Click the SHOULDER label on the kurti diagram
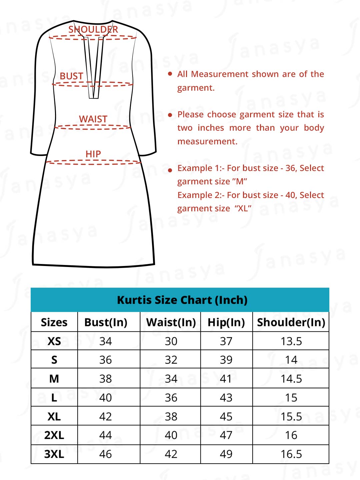(x=93, y=29)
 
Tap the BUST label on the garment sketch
(x=71, y=76)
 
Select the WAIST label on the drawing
(x=93, y=119)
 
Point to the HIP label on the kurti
(x=93, y=154)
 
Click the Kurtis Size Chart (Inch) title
(x=182, y=300)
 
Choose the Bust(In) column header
(x=106, y=322)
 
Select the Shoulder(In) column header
(x=291, y=322)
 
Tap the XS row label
(x=54, y=341)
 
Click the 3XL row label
(x=54, y=454)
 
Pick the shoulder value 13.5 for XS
(x=291, y=341)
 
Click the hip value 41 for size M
(x=226, y=379)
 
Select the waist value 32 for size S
(x=171, y=360)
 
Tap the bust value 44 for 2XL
(x=105, y=435)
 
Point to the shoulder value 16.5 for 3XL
(x=291, y=454)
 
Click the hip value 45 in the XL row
(x=226, y=416)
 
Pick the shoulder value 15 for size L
(x=291, y=398)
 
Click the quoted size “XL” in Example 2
(x=243, y=209)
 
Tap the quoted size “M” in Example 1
(x=240, y=182)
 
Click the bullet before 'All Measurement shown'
(x=170, y=74)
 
